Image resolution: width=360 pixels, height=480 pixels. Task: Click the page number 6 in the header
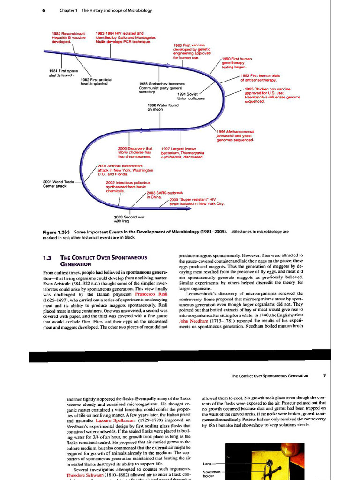coord(44,10)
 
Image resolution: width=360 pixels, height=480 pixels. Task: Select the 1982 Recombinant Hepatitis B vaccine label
coord(68,37)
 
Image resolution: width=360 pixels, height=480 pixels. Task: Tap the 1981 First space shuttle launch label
coord(63,73)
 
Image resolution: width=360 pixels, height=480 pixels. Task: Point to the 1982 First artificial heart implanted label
coord(97,82)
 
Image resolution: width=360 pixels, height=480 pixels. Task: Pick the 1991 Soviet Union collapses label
coord(190,96)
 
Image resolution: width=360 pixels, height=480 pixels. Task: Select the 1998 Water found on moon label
coord(163,107)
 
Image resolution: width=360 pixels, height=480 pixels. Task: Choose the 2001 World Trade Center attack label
coord(58,184)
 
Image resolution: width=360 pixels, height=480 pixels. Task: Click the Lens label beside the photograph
coord(208,464)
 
